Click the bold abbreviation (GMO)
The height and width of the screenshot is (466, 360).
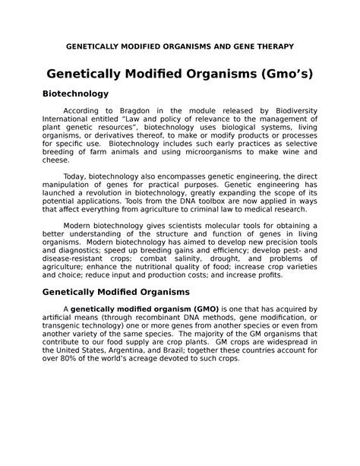201,309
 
